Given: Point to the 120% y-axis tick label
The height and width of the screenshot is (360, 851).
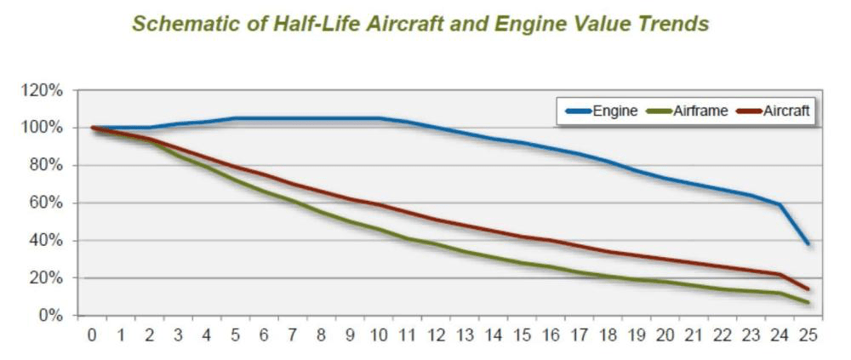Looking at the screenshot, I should click(x=43, y=90).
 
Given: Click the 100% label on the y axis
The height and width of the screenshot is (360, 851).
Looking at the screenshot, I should click(x=43, y=128).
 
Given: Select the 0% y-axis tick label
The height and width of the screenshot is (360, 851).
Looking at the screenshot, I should click(x=50, y=316).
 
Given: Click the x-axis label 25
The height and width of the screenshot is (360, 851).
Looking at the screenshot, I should click(x=808, y=335).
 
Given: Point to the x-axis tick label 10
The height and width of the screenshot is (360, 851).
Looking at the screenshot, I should click(x=379, y=335).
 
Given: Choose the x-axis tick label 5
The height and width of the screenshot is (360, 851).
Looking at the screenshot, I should click(x=236, y=335).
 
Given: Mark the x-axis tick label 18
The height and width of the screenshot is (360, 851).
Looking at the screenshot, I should click(x=608, y=335).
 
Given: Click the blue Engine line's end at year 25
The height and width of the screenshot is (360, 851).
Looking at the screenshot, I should click(x=808, y=244).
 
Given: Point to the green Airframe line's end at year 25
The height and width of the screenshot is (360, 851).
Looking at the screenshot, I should click(x=808, y=303).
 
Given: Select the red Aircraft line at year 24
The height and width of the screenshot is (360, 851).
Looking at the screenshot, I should click(x=780, y=274).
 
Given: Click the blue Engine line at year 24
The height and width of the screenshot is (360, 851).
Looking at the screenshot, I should click(x=780, y=204).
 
